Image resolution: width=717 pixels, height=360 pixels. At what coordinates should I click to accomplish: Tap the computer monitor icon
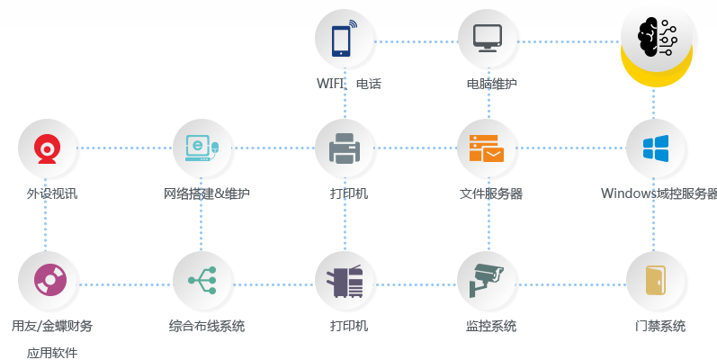point(487,38)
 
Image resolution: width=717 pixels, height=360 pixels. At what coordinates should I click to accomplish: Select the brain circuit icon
point(657,38)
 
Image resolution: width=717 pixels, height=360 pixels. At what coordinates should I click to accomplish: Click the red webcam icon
point(48,148)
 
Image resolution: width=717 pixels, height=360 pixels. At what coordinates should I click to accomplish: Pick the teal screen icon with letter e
point(202,148)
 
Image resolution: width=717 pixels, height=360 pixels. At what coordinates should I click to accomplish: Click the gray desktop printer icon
point(345,148)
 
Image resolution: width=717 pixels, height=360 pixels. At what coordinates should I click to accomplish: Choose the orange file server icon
point(486,148)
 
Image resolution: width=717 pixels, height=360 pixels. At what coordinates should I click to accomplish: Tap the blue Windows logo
point(655,148)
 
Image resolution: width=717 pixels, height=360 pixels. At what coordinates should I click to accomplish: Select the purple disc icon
point(48,280)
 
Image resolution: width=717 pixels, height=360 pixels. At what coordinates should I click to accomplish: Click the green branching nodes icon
point(202,280)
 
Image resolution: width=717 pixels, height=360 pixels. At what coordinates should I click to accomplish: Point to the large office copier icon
point(345,281)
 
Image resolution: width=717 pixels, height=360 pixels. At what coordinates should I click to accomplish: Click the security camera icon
point(486,280)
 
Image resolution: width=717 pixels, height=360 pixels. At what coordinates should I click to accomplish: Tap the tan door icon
point(655,280)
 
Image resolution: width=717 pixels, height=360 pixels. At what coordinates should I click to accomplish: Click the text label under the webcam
point(51,193)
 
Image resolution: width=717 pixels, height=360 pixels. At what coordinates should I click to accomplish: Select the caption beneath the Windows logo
point(659,193)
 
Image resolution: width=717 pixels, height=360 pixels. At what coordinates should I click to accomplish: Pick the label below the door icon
point(659,326)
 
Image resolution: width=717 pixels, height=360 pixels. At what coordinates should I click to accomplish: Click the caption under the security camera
point(491,326)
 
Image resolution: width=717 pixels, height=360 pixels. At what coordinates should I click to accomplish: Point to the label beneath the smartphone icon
point(348,84)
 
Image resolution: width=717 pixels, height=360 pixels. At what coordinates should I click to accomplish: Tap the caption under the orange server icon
point(490,193)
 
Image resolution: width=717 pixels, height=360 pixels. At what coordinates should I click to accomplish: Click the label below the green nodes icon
point(206,326)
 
